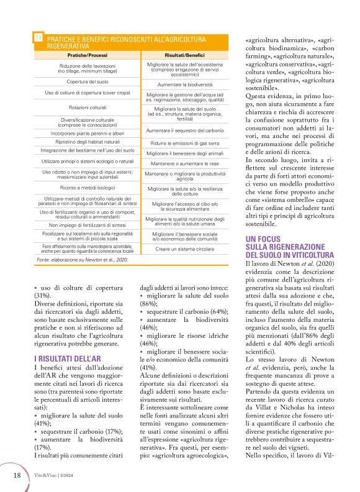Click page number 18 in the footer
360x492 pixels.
18,475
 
